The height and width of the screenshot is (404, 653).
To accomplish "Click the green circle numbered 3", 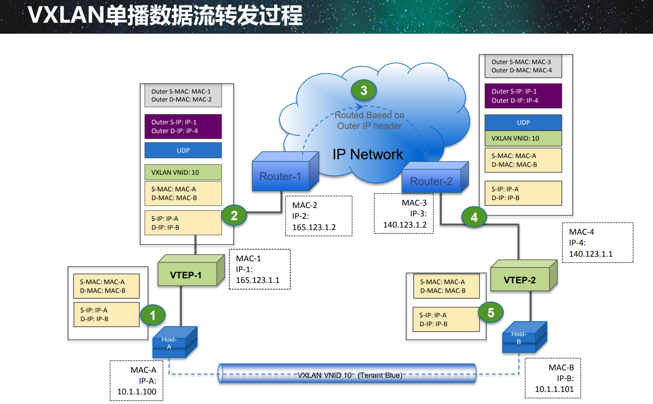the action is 364,90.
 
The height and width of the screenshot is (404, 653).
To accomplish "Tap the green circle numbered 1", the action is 153,315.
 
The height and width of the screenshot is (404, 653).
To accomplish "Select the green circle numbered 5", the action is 491,312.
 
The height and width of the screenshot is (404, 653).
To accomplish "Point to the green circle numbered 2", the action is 234,215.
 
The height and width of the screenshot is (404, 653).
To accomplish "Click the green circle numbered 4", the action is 474,217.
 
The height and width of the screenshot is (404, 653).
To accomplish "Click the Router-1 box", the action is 285,171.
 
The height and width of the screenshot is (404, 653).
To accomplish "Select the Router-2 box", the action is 435,177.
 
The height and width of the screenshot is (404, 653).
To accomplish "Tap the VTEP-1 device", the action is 191,270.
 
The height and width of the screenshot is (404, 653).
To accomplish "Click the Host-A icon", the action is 175,342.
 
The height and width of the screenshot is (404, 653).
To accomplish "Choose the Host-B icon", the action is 524,337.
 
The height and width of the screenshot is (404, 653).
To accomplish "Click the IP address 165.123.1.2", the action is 314,227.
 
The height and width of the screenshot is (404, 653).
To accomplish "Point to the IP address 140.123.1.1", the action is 591,254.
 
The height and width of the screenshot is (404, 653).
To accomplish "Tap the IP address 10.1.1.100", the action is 137,392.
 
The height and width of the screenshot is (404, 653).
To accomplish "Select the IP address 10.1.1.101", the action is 554,389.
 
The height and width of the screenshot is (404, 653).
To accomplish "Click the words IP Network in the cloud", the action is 368,154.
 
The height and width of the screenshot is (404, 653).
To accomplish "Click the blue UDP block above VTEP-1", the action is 183,150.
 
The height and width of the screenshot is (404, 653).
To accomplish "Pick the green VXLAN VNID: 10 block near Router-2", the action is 523,138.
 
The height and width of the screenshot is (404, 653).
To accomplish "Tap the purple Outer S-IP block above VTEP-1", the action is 183,126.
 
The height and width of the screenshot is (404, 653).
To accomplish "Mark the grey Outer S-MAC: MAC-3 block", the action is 523,66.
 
